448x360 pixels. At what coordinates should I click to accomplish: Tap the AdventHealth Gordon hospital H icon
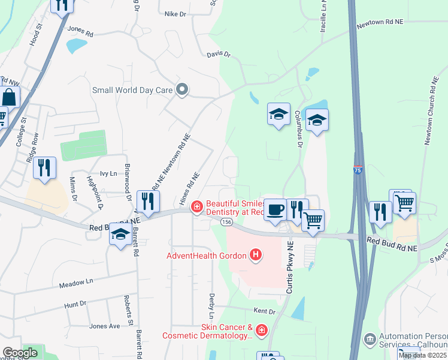[256, 256]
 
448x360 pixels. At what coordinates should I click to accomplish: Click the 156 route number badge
[226, 222]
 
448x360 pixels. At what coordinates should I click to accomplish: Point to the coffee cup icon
[275, 210]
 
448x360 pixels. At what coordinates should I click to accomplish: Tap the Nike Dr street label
[175, 14]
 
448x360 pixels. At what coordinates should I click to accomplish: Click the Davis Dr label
[219, 54]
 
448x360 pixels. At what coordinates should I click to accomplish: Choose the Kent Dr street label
[264, 311]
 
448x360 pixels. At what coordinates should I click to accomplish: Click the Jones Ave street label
[104, 326]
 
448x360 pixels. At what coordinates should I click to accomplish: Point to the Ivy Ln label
[108, 173]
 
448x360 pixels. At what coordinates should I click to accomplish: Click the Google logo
[20, 353]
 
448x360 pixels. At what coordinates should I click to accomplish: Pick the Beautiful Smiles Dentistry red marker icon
[195, 208]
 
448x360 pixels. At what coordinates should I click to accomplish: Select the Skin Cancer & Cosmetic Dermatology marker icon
[261, 331]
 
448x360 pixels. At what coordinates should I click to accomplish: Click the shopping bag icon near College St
[10, 97]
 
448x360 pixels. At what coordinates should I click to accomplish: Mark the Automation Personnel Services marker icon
[370, 340]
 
